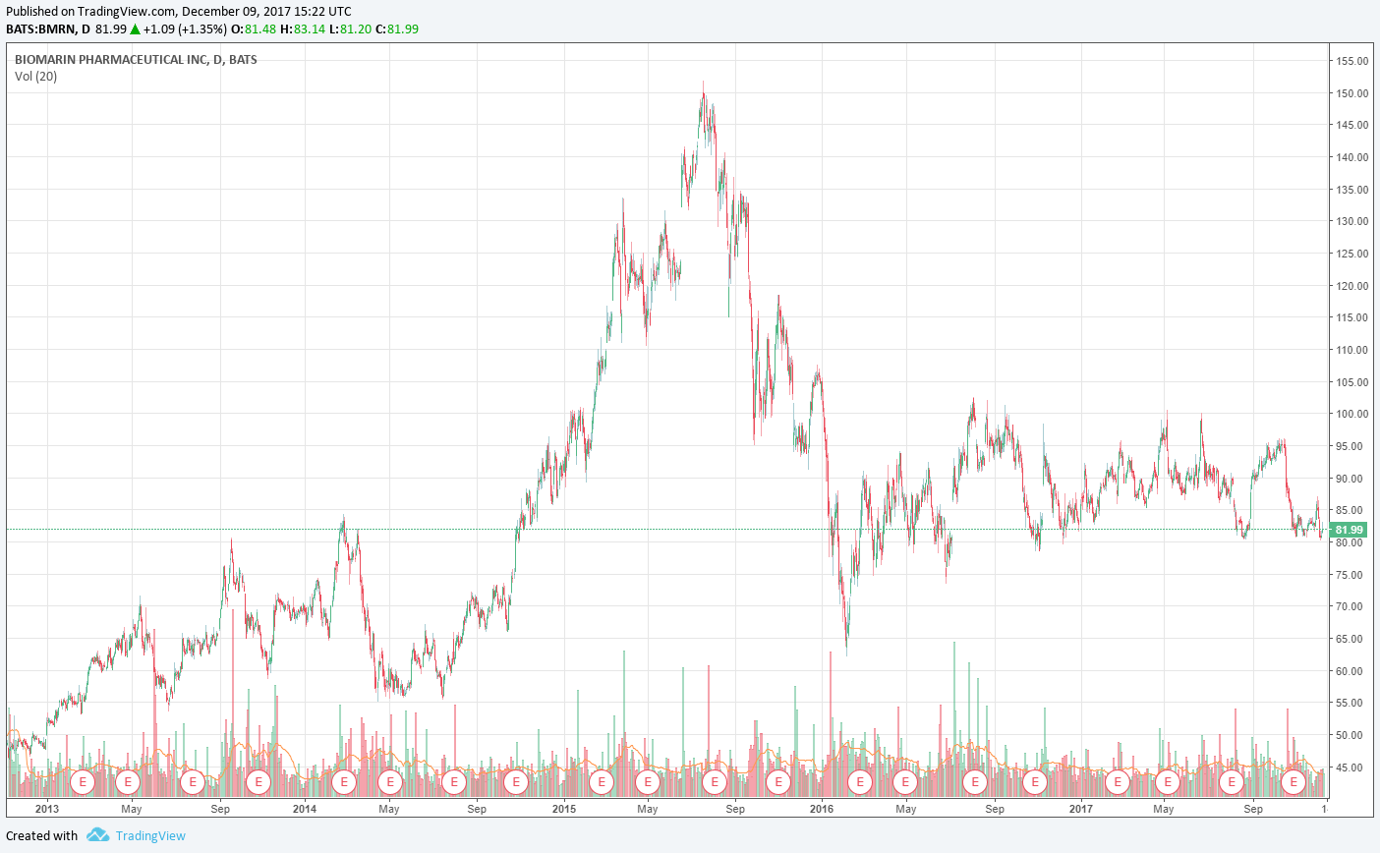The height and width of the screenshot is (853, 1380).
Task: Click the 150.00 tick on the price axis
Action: click(1351, 93)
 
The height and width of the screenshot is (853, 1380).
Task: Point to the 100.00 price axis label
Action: click(1351, 414)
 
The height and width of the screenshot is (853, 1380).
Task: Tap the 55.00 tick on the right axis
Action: click(1351, 703)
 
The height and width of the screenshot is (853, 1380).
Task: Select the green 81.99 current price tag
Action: click(1349, 530)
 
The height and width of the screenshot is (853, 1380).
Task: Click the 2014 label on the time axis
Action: click(305, 809)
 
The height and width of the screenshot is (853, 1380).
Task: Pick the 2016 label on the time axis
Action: click(821, 809)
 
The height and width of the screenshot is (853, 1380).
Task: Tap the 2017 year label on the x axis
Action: click(1080, 809)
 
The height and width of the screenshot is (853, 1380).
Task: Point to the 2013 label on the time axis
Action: click(47, 809)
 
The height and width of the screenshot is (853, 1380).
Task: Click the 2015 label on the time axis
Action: click(564, 809)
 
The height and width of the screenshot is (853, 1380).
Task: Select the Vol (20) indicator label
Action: click(35, 77)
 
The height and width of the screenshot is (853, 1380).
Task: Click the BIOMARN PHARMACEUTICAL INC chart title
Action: click(136, 60)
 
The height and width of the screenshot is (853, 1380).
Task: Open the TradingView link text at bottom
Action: click(150, 836)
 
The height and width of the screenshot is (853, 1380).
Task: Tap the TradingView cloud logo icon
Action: click(97, 835)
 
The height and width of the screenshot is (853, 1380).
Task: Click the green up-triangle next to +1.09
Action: click(136, 29)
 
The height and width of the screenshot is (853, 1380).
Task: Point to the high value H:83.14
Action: click(302, 29)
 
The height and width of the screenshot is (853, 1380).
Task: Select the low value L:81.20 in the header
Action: click(356, 29)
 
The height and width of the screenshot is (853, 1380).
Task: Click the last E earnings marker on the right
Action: click(1294, 782)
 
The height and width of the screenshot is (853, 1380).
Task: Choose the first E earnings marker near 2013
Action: click(84, 782)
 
